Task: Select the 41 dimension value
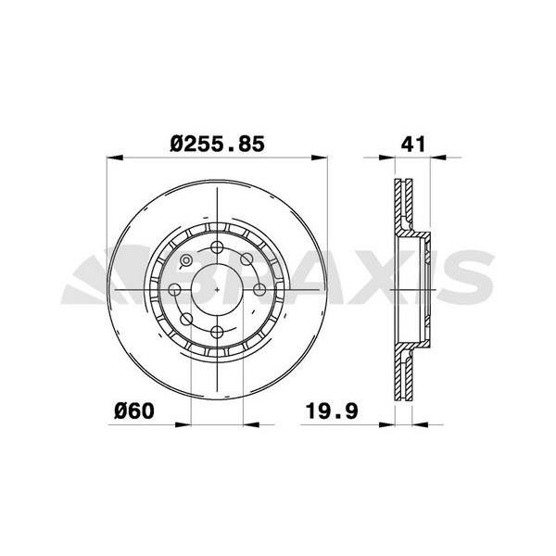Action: [x=413, y=144]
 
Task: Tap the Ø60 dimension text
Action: [x=134, y=408]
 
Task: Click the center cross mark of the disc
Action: [x=217, y=289]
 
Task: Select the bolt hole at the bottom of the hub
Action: [x=217, y=332]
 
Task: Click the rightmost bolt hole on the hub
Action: [x=259, y=289]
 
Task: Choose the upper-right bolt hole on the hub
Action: [x=247, y=259]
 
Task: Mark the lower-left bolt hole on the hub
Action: [x=186, y=320]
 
